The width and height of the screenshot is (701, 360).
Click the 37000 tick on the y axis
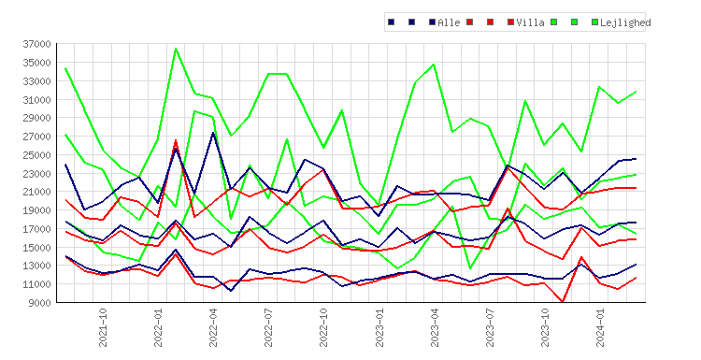[x=37, y=44]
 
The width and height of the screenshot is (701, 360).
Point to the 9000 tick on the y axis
[x=40, y=303]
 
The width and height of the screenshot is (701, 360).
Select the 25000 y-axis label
[x=37, y=155]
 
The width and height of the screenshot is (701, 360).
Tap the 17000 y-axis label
[x=37, y=229]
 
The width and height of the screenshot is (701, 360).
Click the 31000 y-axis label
[x=37, y=100]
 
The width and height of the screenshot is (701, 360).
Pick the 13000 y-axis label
[x=37, y=266]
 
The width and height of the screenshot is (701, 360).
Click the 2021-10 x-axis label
[x=103, y=327]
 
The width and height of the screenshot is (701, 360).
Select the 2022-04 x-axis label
[x=213, y=327]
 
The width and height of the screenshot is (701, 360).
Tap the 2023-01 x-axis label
[x=379, y=327]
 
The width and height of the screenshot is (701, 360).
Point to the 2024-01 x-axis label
[x=600, y=327]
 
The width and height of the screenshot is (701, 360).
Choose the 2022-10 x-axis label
[x=323, y=327]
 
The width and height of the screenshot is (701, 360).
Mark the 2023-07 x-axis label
[x=490, y=327]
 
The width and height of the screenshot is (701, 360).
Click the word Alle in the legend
[x=449, y=22]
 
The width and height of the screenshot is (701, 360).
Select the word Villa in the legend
[x=530, y=22]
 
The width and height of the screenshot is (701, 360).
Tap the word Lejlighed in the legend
[x=625, y=22]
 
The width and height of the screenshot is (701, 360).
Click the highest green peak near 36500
[x=176, y=49]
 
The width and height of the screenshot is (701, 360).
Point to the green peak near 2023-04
[x=434, y=65]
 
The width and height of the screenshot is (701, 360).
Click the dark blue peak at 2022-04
[x=213, y=133]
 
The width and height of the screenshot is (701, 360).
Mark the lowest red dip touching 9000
[x=563, y=302]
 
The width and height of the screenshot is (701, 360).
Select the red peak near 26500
[x=176, y=140]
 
